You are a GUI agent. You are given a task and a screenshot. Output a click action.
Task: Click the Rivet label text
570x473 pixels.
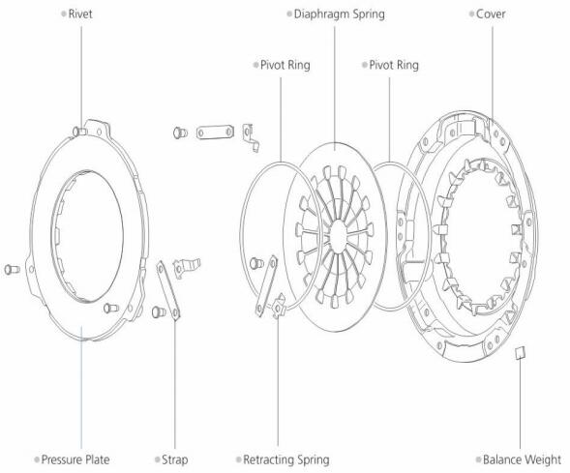(x=80, y=15)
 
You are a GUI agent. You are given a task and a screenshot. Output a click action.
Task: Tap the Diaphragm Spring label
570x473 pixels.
(x=339, y=15)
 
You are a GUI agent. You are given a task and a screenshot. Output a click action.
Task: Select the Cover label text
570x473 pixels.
(x=491, y=15)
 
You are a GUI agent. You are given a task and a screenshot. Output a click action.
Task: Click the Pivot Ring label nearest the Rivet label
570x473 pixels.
(x=285, y=65)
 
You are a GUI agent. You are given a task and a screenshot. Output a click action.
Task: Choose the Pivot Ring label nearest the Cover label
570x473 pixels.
(x=394, y=65)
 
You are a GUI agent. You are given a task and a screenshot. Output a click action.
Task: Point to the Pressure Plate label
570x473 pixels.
(x=75, y=459)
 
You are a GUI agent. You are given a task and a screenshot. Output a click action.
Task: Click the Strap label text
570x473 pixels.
(x=174, y=459)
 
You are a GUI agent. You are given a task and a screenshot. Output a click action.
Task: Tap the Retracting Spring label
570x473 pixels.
(x=286, y=459)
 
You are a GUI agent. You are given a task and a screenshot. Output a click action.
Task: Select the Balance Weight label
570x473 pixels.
(x=522, y=459)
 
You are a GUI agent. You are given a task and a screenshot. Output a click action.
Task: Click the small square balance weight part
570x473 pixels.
(x=521, y=353)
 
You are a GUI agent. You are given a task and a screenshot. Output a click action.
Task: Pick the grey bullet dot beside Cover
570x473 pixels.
(x=471, y=15)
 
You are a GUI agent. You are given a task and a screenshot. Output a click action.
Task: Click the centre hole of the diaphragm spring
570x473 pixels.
(x=338, y=236)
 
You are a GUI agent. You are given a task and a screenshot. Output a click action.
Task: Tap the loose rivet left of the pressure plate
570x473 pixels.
(x=12, y=269)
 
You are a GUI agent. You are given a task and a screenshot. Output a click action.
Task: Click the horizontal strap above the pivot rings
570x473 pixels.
(x=215, y=132)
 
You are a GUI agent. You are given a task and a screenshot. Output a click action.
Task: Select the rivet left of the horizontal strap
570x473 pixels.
(x=180, y=133)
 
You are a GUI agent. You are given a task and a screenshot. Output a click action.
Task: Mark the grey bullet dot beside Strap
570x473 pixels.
(x=157, y=459)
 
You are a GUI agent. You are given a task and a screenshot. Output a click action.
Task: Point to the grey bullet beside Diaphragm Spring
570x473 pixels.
(x=289, y=15)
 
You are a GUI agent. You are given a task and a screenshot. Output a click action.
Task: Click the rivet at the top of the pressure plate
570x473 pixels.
(x=79, y=131)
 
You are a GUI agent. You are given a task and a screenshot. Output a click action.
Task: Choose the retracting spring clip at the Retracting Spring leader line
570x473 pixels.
(x=279, y=306)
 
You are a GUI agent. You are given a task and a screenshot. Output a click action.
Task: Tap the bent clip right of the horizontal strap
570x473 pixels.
(x=251, y=137)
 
